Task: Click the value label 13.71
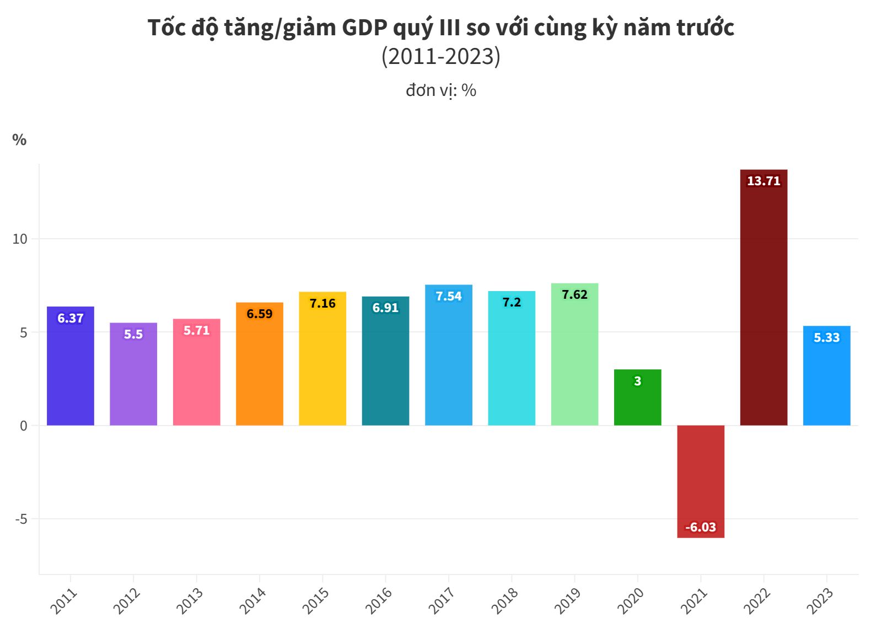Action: pyautogui.click(x=763, y=181)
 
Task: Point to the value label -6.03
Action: pyautogui.click(x=701, y=527)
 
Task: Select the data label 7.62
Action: pyautogui.click(x=574, y=294)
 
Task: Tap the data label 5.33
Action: pyautogui.click(x=826, y=337)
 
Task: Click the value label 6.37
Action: pyautogui.click(x=71, y=318)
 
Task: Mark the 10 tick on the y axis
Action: pyautogui.click(x=20, y=239)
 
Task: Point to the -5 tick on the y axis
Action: pyautogui.click(x=21, y=519)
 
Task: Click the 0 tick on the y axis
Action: pyautogui.click(x=23, y=426)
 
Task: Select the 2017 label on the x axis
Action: pyautogui.click(x=442, y=600)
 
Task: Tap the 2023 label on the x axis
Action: pyautogui.click(x=820, y=600)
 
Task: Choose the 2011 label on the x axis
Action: pyautogui.click(x=63, y=600)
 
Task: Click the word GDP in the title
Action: pyautogui.click(x=365, y=28)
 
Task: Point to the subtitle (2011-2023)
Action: pyautogui.click(x=440, y=56)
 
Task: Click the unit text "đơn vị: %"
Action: pyautogui.click(x=440, y=90)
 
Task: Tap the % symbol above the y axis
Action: pyautogui.click(x=19, y=140)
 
